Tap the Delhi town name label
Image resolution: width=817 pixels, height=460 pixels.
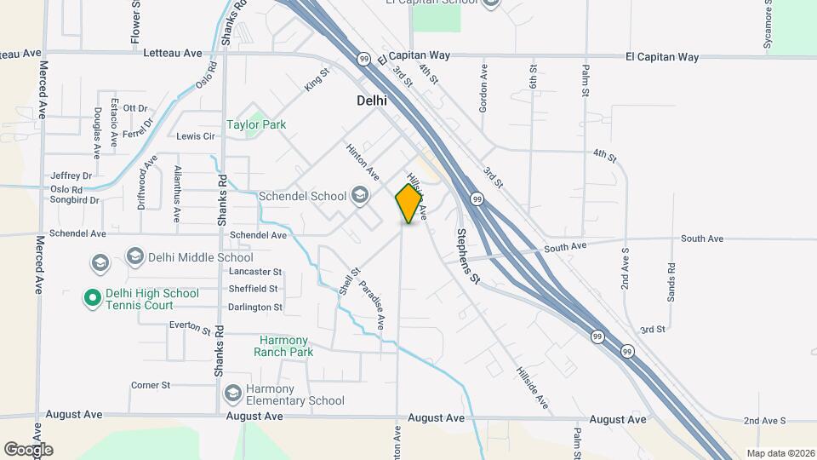coord(371,100)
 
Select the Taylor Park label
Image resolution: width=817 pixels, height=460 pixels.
coord(255,124)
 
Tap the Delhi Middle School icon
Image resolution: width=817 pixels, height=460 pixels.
coord(134,256)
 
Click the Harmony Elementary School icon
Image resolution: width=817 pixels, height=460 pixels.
coord(232,394)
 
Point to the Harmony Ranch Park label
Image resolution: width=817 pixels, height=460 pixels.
coord(286,346)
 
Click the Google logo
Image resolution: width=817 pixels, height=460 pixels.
coord(28,449)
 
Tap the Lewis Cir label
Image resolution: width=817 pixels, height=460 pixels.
coord(195,136)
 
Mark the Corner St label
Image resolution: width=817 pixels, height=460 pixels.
coord(151,385)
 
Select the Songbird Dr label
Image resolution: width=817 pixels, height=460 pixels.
coord(74,201)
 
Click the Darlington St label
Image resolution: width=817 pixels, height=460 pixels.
coord(254,308)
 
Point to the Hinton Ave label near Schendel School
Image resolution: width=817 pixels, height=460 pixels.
coord(362,159)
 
